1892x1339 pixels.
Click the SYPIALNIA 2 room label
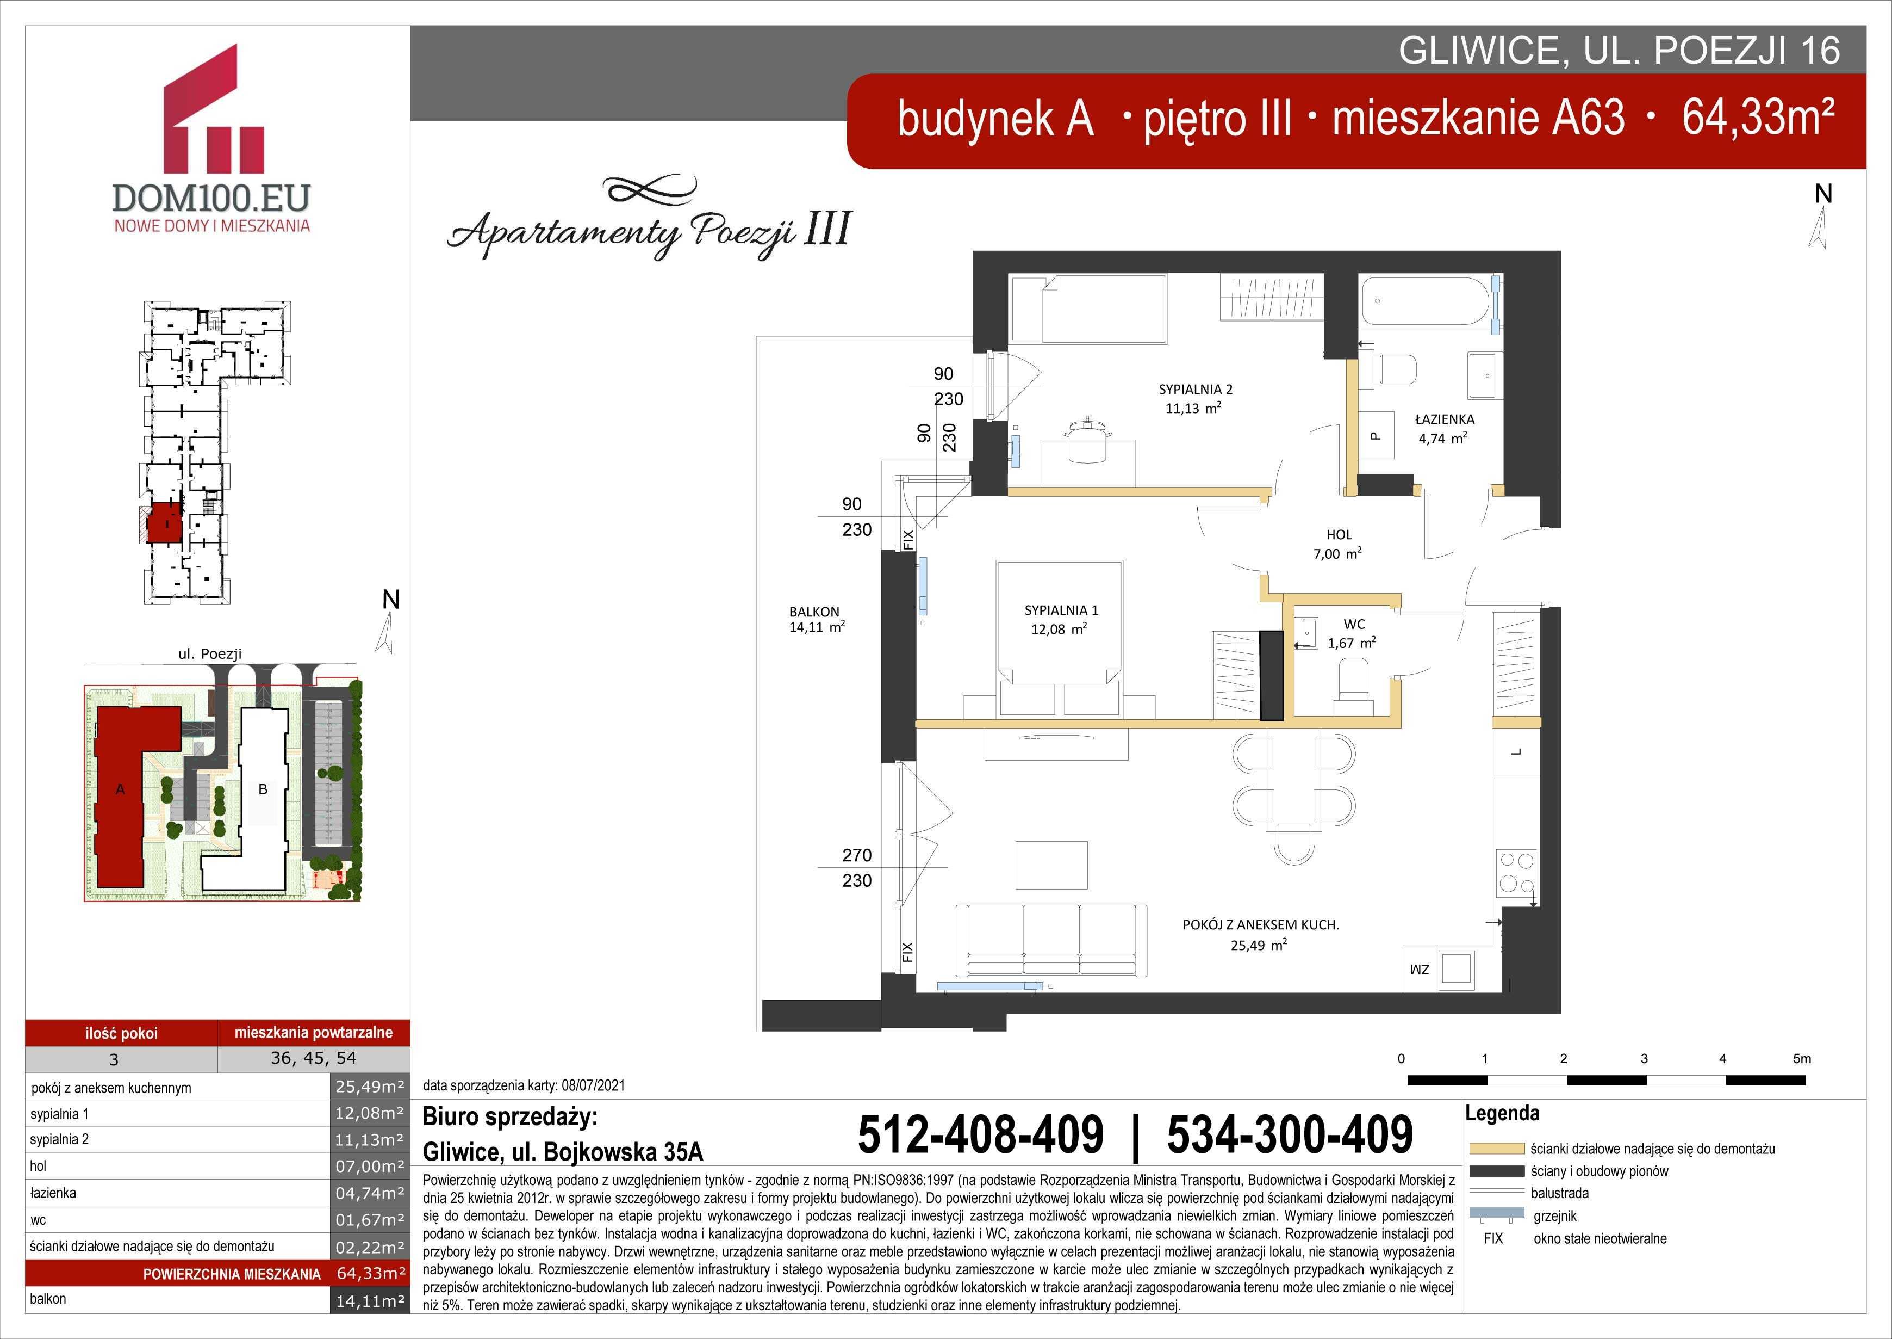click(1195, 389)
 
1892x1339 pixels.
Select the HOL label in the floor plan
click(1339, 534)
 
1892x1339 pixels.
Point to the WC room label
click(1354, 624)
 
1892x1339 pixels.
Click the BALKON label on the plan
click(814, 612)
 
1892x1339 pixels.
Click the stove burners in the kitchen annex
click(1517, 872)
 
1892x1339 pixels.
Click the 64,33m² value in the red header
click(1758, 117)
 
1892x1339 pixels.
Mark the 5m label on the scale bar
click(1802, 1059)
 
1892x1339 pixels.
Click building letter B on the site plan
click(263, 789)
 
